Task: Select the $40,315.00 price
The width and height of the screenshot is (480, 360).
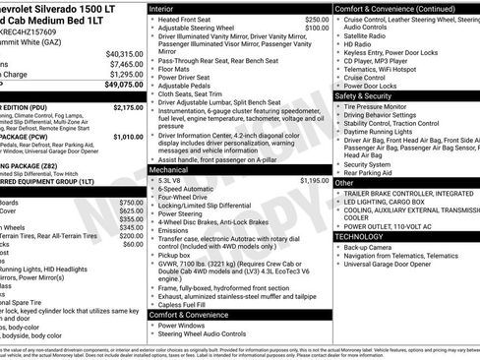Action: point(126,52)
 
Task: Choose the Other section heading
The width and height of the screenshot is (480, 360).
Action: point(345,183)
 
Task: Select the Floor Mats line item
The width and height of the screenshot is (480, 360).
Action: point(180,70)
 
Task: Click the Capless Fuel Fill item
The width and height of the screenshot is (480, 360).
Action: point(188,303)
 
